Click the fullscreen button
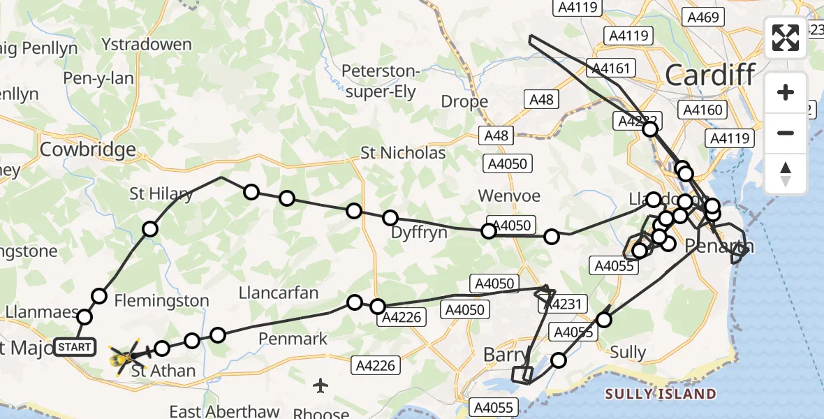tap(786, 38)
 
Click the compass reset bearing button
tap(786, 173)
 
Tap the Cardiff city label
tap(710, 75)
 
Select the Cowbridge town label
tap(87, 149)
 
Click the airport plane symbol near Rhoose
tap(321, 385)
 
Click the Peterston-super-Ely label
tap(380, 81)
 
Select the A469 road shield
tap(702, 17)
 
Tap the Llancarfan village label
tap(278, 292)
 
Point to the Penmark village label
tap(293, 339)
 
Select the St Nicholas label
tap(403, 153)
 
